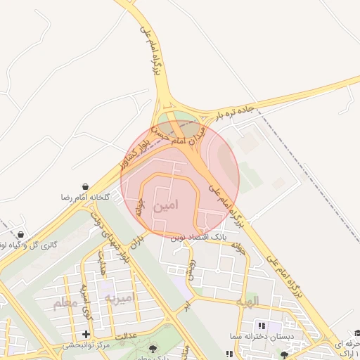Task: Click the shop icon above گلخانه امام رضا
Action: coord(85,187)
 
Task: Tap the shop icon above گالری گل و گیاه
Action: coord(20,234)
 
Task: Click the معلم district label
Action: coord(63,304)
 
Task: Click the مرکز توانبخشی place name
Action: coord(86,345)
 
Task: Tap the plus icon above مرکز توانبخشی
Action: coord(86,333)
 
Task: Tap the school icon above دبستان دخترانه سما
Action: coord(262,326)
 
